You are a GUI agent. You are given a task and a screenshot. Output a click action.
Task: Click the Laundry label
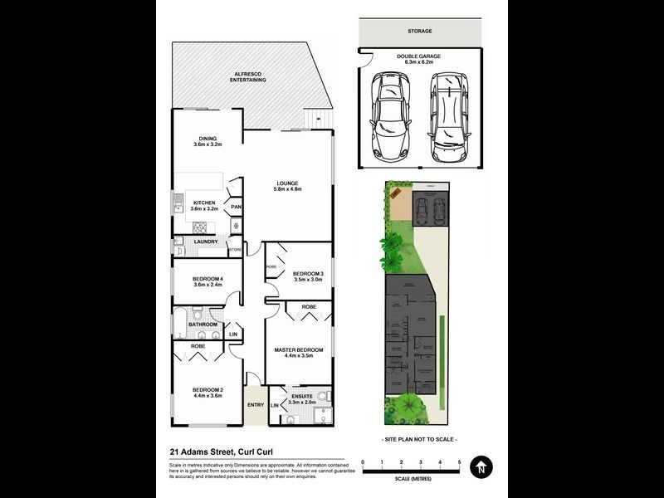click(x=205, y=242)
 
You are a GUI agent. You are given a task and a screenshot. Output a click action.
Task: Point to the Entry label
click(x=256, y=405)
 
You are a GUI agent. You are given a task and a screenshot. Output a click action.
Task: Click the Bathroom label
click(x=203, y=324)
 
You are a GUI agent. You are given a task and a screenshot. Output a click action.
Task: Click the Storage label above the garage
click(x=419, y=31)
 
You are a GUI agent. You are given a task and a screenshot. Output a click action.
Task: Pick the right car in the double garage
click(x=448, y=115)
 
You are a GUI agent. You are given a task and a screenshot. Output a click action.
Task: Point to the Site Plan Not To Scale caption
click(x=420, y=439)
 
